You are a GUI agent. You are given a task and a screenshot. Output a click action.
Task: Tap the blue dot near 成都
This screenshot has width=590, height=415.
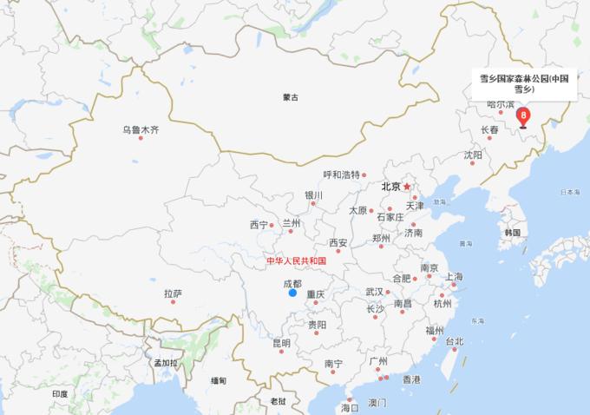coord(292,293)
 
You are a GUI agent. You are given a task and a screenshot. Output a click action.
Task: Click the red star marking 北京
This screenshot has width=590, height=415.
coord(406,186)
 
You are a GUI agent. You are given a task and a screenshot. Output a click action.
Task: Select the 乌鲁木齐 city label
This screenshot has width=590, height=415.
coord(141,131)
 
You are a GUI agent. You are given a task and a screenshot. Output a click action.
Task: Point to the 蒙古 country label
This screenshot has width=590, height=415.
coord(290,97)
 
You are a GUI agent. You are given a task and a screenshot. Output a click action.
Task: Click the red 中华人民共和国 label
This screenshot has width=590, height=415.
coord(296,260)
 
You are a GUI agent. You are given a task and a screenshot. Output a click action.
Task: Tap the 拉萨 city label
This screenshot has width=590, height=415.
coord(173,293)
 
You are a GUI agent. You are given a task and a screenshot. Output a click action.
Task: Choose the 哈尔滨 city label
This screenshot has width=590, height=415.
coord(501,104)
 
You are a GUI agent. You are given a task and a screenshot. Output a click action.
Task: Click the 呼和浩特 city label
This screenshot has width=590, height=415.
coord(341,175)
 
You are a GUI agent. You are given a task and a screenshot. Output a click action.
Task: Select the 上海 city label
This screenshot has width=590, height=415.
coord(455,277)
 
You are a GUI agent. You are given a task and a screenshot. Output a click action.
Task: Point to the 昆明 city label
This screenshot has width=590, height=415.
coord(282,343)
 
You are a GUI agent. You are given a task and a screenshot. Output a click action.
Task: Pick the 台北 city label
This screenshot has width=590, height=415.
coord(455,341)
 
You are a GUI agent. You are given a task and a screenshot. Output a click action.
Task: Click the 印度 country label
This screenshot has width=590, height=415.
coord(59,393)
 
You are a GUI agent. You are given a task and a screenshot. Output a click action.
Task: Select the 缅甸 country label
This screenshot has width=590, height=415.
coord(219,380)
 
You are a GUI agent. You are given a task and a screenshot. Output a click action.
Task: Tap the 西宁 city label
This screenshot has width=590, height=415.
coord(259,225)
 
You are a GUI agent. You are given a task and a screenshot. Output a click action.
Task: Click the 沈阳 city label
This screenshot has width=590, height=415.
coord(472,155)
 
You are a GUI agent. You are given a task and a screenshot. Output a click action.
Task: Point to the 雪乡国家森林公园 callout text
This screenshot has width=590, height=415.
coord(518,82)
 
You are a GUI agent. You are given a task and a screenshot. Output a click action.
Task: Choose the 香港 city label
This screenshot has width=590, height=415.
coord(411,379)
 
